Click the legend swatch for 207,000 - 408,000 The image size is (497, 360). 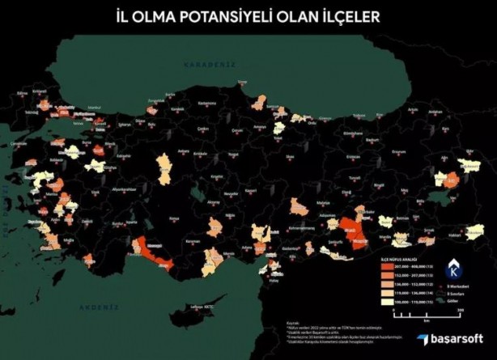pos(388,266)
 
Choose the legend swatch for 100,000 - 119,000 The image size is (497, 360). pos(388,300)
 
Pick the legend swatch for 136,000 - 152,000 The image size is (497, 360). pos(388,283)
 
